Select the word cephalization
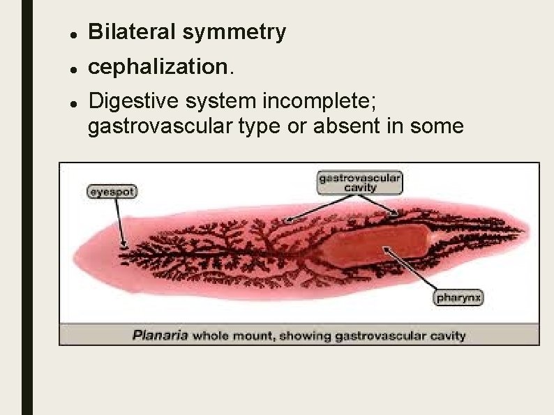pos(158,67)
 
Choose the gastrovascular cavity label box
pos(360,183)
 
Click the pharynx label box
pos(459,299)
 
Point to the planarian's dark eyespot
pos(125,245)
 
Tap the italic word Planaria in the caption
pos(160,335)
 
